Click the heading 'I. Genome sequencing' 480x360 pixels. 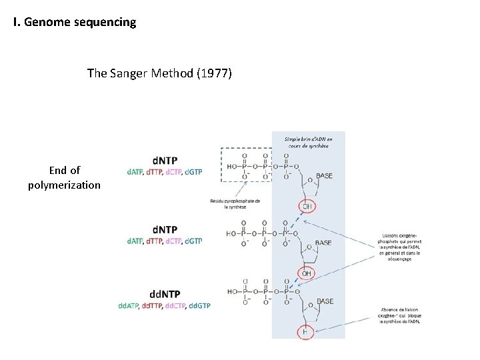pyautogui.click(x=75, y=23)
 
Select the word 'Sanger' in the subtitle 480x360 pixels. pyautogui.click(x=133, y=73)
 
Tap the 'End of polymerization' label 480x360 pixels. pyautogui.click(x=65, y=177)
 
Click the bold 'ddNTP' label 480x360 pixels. pyautogui.click(x=165, y=293)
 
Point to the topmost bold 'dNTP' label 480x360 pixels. pyautogui.click(x=165, y=160)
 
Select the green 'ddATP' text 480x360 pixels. pyautogui.click(x=130, y=305)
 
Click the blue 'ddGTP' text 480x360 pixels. pyautogui.click(x=199, y=305)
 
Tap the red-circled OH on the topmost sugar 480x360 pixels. pyautogui.click(x=307, y=206)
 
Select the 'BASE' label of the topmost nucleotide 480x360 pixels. pyautogui.click(x=325, y=176)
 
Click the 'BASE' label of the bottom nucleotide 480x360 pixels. pyautogui.click(x=325, y=302)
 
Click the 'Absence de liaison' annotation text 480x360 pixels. pyautogui.click(x=401, y=315)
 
